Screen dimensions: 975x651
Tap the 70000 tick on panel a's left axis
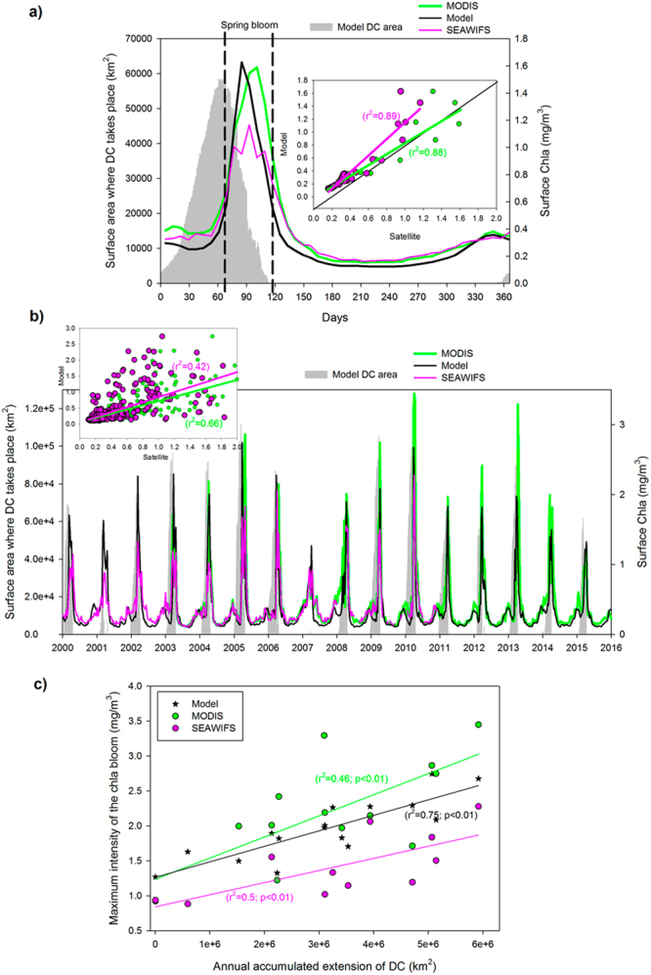click(134, 37)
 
